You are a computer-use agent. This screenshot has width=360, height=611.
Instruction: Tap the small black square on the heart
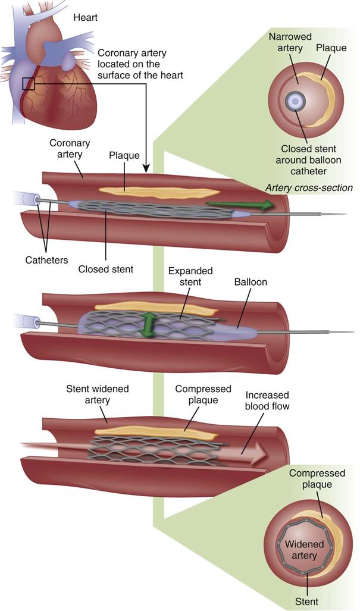[x=29, y=83]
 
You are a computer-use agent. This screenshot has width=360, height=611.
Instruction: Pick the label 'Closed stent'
[x=106, y=269]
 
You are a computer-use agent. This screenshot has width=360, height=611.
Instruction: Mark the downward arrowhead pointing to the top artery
[x=147, y=170]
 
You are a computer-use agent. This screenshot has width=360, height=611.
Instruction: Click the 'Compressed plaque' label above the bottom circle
[x=317, y=479]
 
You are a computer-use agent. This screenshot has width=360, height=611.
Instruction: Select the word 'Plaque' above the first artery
[x=124, y=156]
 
